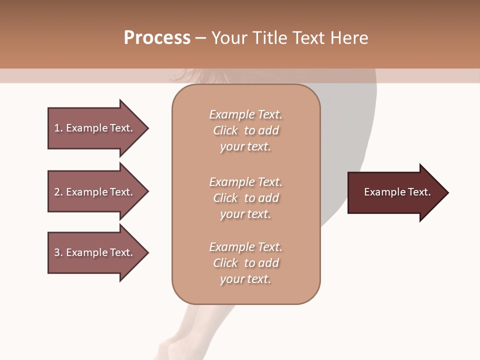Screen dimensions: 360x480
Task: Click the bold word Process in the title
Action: pos(157,38)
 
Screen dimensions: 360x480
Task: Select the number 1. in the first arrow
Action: pos(58,128)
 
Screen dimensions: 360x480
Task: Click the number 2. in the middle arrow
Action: pos(58,192)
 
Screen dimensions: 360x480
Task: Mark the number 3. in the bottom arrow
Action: pos(58,252)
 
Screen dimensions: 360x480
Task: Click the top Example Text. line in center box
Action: pos(245,114)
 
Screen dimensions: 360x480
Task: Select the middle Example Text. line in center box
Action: pos(245,182)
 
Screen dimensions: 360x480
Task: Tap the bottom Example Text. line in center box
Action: pos(245,247)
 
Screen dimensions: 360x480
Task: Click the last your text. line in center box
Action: pos(245,279)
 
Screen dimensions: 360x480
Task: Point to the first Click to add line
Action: pos(245,130)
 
